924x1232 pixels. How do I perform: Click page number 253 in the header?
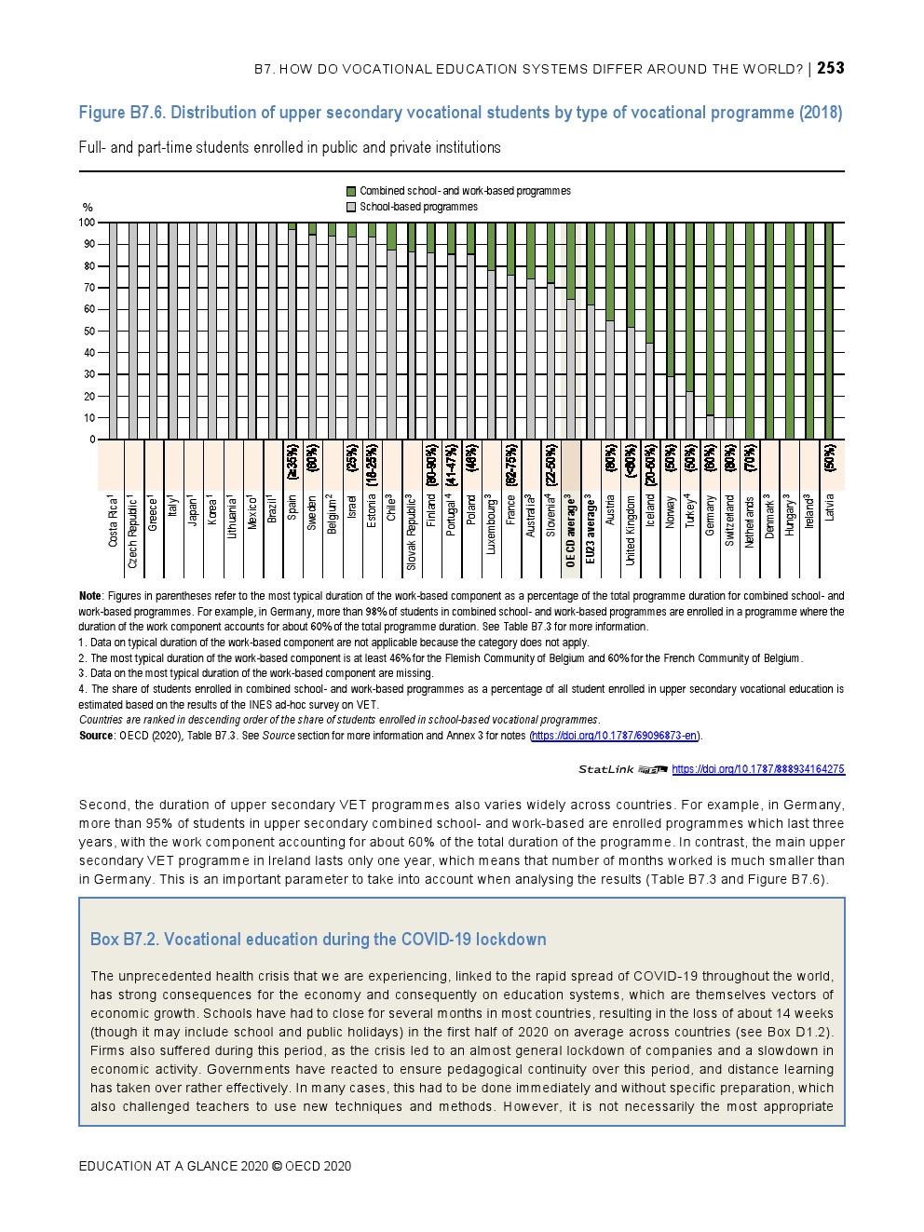coord(831,68)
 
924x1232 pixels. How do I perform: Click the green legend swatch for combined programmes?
coord(351,191)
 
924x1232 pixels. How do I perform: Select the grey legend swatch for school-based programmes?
coord(351,207)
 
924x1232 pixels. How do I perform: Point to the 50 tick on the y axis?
coord(89,332)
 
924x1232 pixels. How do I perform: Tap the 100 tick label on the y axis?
coord(87,223)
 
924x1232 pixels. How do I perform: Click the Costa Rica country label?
coord(114,521)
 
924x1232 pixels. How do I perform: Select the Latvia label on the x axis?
coord(830,508)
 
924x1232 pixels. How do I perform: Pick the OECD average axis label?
coord(571,530)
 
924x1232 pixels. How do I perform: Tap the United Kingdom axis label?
coord(631,530)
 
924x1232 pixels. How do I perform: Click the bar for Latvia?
coord(829,331)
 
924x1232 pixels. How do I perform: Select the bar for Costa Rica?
coord(114,331)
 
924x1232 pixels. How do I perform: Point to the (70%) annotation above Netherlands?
coord(751,458)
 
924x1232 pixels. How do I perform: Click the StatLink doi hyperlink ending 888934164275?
coord(757,769)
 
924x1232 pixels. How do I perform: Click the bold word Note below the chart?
coord(90,596)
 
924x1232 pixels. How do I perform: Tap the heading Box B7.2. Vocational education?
coord(318,939)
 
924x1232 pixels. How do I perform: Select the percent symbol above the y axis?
coord(88,208)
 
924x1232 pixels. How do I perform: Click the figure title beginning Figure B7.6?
coord(460,113)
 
